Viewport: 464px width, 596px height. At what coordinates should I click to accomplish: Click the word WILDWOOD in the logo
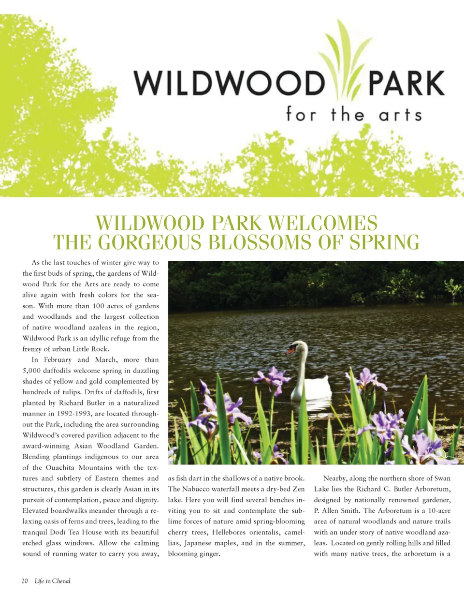tap(228, 83)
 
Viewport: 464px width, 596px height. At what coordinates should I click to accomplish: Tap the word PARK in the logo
tap(406, 83)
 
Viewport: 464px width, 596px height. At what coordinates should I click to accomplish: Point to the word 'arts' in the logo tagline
tap(400, 115)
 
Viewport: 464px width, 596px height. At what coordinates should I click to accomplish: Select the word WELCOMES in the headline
tap(322, 223)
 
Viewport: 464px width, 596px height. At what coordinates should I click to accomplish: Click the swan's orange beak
tap(291, 350)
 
